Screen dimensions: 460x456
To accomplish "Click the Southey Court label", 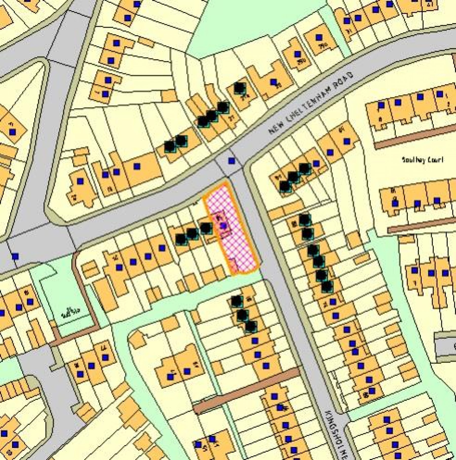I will tap(423, 160).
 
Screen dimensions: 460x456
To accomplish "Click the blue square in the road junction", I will tap(231, 160).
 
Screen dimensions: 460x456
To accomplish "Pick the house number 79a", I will tap(301, 61).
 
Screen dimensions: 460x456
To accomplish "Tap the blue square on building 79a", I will tap(297, 54).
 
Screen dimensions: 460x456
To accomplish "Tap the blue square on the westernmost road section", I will tap(15, 257).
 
